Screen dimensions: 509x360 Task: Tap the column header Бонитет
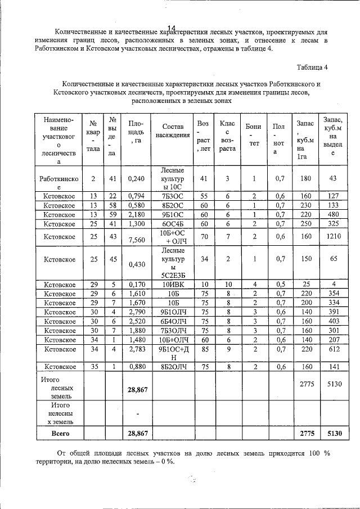(254, 135)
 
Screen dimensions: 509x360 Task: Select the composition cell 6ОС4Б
(173, 223)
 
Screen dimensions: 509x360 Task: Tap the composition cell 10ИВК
(173, 285)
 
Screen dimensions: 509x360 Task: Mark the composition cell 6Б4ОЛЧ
(173, 321)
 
